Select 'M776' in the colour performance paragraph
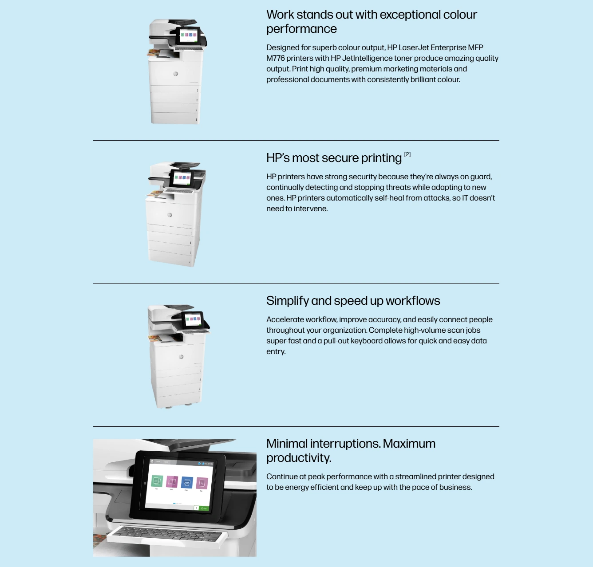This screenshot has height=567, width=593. pos(275,58)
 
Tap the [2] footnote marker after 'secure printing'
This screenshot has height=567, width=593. pos(407,154)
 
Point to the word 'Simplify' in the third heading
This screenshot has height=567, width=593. pos(287,301)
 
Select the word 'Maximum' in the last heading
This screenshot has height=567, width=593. pos(409,444)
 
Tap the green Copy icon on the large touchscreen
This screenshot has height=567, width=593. pos(157,481)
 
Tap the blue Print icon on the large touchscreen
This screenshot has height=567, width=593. pos(187,482)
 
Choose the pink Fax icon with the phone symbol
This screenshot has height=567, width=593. pos(202,483)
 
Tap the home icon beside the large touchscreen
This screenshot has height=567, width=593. pos(145,483)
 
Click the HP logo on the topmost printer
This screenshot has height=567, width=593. pos(175,74)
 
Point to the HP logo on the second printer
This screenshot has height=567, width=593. pos(170,215)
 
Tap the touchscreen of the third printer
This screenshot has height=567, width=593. pos(193,319)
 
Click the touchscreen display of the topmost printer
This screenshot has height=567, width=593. pos(189,35)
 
